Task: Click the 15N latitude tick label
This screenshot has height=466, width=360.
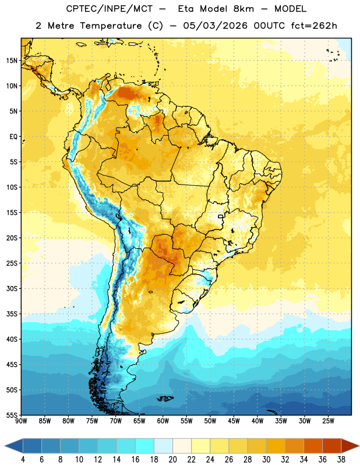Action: pyautogui.click(x=12, y=61)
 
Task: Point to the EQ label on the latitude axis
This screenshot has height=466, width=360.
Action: pyautogui.click(x=13, y=137)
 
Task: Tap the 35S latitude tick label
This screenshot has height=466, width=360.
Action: pyautogui.click(x=12, y=314)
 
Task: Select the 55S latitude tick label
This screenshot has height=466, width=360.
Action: pyautogui.click(x=12, y=415)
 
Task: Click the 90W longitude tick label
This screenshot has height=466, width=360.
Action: pyautogui.click(x=21, y=421)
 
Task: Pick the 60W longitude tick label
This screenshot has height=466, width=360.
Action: pyautogui.click(x=163, y=421)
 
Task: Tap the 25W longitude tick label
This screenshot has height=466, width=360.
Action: pyautogui.click(x=328, y=421)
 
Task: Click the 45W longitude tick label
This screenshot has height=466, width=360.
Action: pyautogui.click(x=234, y=421)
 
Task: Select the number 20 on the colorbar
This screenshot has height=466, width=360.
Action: pyautogui.click(x=172, y=460)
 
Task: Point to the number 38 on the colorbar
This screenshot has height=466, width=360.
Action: pyautogui.click(x=341, y=460)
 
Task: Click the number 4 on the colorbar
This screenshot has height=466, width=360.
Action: pyautogui.click(x=23, y=460)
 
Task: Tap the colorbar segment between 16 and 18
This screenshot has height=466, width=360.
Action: pyautogui.click(x=145, y=446)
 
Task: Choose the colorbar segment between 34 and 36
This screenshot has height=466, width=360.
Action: pyautogui.click(x=313, y=446)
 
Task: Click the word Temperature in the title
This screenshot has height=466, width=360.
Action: pyautogui.click(x=111, y=26)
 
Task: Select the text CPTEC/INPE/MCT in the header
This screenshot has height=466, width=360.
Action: pyautogui.click(x=109, y=9)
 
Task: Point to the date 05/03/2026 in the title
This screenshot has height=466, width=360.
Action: pyautogui.click(x=215, y=26)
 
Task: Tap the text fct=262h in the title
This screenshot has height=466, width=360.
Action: pyautogui.click(x=314, y=26)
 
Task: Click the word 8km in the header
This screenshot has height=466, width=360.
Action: pyautogui.click(x=243, y=9)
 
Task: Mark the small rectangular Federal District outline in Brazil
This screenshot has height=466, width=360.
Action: pyautogui.click(x=221, y=216)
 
